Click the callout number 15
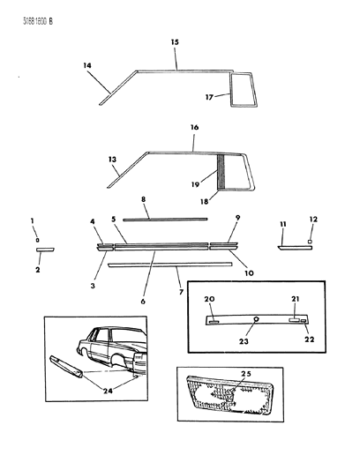[174, 41]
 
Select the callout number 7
[181, 291]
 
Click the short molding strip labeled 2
[45, 250]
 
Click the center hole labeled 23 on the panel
[255, 319]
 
